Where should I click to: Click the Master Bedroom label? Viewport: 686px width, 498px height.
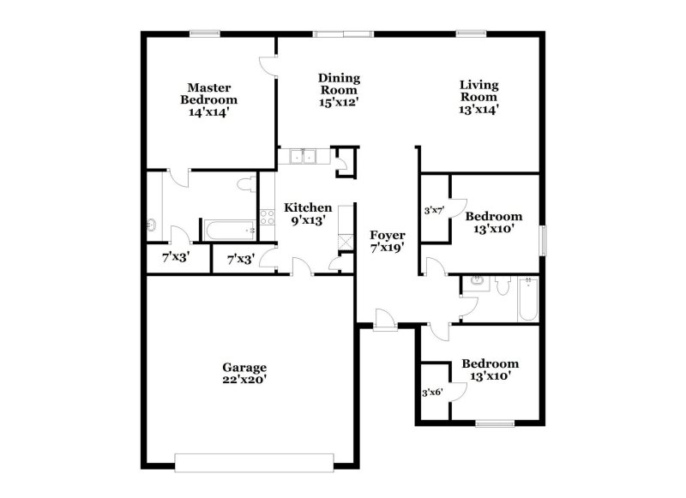[207, 99]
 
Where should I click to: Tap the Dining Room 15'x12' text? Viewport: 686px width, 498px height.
[339, 89]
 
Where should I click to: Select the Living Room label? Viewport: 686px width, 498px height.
[478, 96]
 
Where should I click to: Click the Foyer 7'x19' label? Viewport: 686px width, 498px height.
[387, 241]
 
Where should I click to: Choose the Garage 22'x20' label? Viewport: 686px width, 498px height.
[245, 374]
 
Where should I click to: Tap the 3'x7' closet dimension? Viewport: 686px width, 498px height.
[434, 210]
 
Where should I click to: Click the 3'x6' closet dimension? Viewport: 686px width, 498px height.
[432, 393]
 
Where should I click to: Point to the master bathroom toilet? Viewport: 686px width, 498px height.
[246, 182]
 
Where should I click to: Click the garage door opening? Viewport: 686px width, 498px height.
[252, 459]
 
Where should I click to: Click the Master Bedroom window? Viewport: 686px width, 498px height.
[203, 33]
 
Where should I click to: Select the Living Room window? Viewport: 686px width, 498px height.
[471, 33]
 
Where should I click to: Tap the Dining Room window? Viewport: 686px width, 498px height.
[341, 33]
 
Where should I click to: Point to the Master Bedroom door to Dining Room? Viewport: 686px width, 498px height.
[270, 67]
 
